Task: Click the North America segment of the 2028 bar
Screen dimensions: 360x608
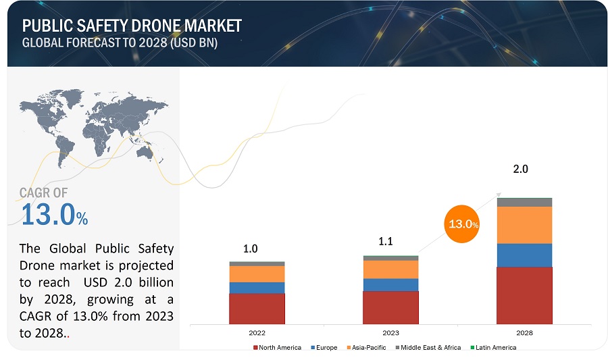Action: [x=524, y=295]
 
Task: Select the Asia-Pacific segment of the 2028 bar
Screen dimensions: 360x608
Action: [x=524, y=225]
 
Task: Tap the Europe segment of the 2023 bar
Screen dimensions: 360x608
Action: [x=390, y=284]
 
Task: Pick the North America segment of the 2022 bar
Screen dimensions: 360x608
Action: [x=257, y=309]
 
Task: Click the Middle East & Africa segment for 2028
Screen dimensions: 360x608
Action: [x=524, y=202]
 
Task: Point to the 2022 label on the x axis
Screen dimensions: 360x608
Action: [x=257, y=333]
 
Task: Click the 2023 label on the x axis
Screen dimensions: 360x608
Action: [x=390, y=333]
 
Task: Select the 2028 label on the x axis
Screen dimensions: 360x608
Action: [x=524, y=333]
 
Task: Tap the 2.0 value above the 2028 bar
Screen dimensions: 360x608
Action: [x=520, y=169]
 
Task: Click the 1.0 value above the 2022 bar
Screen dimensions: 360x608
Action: [x=251, y=249]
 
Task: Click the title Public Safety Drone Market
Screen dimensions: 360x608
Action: [x=132, y=26]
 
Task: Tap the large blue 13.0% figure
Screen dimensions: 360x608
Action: [x=54, y=215]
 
